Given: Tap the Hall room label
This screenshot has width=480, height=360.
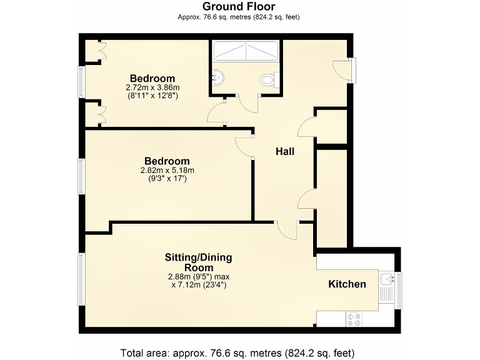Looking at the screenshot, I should pyautogui.click(x=285, y=151).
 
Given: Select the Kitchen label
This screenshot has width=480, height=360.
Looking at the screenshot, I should pyautogui.click(x=347, y=284).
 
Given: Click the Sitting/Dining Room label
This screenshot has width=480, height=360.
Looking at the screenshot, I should pyautogui.click(x=198, y=262).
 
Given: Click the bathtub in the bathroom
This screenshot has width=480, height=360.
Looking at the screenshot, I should pyautogui.click(x=246, y=50).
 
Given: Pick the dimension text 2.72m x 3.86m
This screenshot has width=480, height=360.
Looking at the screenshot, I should pyautogui.click(x=152, y=87).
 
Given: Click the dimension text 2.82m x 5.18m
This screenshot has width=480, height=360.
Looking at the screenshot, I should pyautogui.click(x=167, y=170).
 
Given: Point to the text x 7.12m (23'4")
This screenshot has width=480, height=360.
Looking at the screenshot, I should pyautogui.click(x=198, y=285).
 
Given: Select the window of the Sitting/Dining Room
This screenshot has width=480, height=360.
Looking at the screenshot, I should pyautogui.click(x=81, y=279).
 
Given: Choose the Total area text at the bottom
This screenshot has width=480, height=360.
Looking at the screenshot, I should pyautogui.click(x=239, y=352).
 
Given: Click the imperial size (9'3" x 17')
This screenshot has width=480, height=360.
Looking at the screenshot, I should pyautogui.click(x=167, y=179).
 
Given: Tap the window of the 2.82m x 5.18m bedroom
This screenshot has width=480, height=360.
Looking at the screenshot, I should pyautogui.click(x=81, y=176).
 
